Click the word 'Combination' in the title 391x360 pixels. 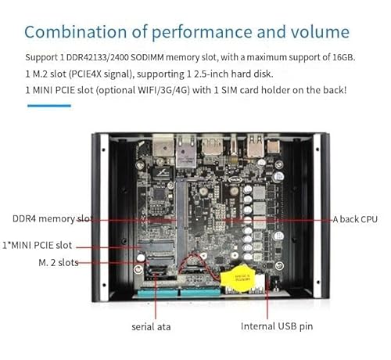pos(76,32)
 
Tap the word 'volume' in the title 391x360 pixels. pos(320,32)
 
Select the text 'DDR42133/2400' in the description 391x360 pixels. pos(97,57)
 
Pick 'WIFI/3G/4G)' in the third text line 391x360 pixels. pos(163,90)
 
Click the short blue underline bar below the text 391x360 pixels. pos(49,106)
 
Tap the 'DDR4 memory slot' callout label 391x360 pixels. pos(52,219)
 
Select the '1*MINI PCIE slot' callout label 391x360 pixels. pos(37,245)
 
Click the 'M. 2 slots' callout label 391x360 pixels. pos(59,262)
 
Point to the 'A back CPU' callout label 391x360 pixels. pos(355,219)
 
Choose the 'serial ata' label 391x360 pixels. pos(151,327)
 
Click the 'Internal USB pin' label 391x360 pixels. pos(277,326)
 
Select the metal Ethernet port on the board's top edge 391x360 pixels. pos(186,151)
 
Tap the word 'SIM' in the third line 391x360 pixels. pos(228,90)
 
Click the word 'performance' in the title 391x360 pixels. pos(202,32)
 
